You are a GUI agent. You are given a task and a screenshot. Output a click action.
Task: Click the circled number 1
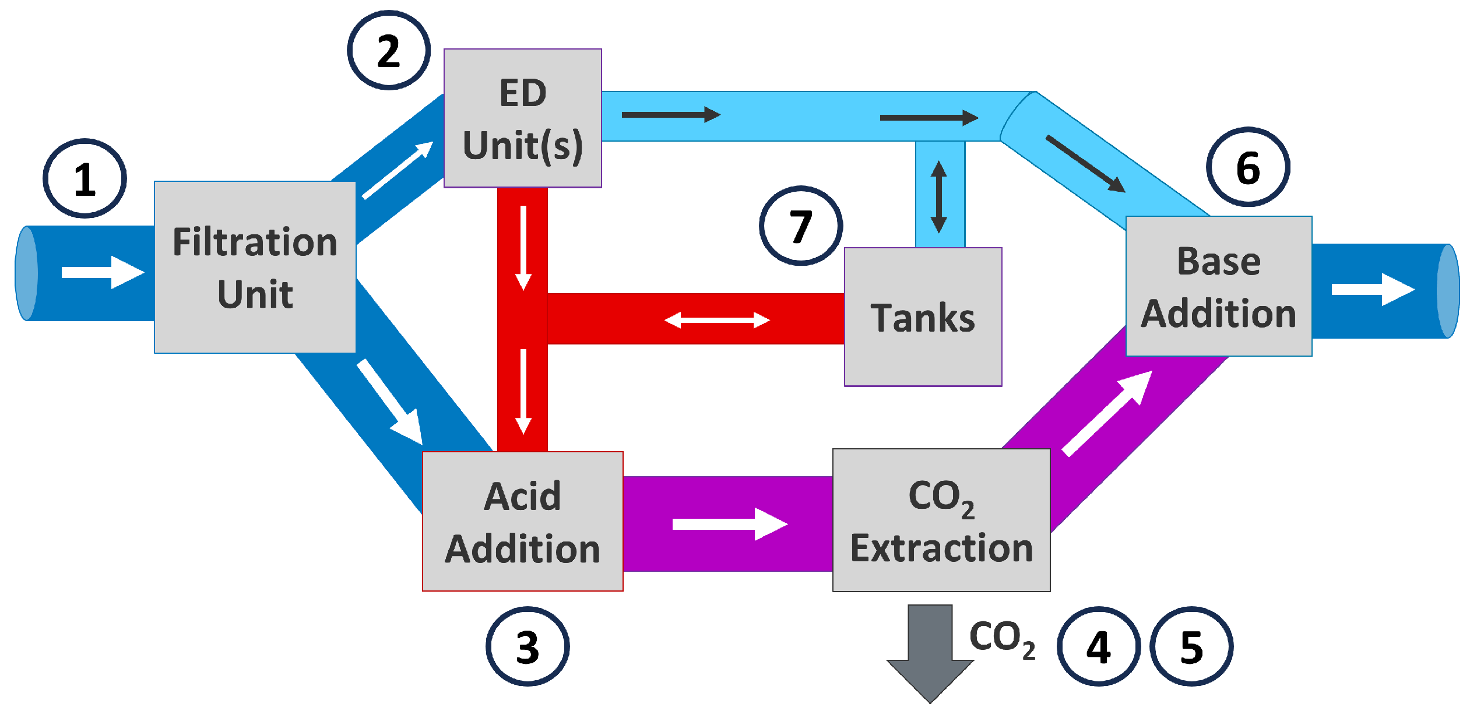point(85,179)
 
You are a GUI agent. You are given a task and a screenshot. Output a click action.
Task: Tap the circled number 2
point(389,51)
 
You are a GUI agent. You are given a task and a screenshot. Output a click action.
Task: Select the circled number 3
point(527,647)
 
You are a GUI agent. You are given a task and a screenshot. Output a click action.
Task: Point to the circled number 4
point(1099,647)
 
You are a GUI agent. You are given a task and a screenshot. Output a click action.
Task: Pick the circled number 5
point(1191,647)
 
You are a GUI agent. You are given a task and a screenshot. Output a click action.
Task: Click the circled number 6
point(1248,167)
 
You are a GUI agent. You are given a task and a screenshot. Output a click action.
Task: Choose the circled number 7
point(801,226)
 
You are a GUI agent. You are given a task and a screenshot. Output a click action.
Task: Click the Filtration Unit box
point(255,268)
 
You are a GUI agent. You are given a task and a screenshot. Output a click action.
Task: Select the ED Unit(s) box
point(523,118)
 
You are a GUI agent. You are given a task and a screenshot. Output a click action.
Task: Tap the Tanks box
point(923,317)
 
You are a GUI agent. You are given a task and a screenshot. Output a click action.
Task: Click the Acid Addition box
point(523,522)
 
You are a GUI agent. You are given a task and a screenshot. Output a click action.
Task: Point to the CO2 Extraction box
point(941,520)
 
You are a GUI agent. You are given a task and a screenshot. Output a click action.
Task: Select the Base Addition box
point(1219,286)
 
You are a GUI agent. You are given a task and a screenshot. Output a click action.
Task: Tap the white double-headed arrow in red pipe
point(717,320)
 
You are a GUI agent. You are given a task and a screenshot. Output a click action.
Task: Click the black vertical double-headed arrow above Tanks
point(938,197)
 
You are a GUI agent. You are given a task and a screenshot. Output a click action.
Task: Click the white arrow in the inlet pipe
point(103,272)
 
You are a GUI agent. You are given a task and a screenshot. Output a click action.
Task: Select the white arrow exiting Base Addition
point(1373,290)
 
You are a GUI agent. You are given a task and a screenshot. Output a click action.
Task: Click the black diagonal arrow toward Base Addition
point(1085,164)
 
